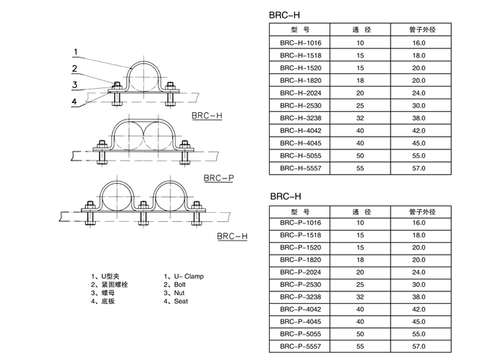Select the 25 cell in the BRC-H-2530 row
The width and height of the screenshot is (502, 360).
coord(360,105)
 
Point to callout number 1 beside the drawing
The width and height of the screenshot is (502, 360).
coord(75,52)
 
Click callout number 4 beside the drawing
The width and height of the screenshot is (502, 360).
coord(75,102)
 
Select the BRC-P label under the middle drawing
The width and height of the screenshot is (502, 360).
coord(218,179)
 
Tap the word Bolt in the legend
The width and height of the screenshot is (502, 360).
coord(179,285)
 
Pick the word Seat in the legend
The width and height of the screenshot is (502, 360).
coord(180,301)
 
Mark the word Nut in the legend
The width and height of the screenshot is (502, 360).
coord(179,293)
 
